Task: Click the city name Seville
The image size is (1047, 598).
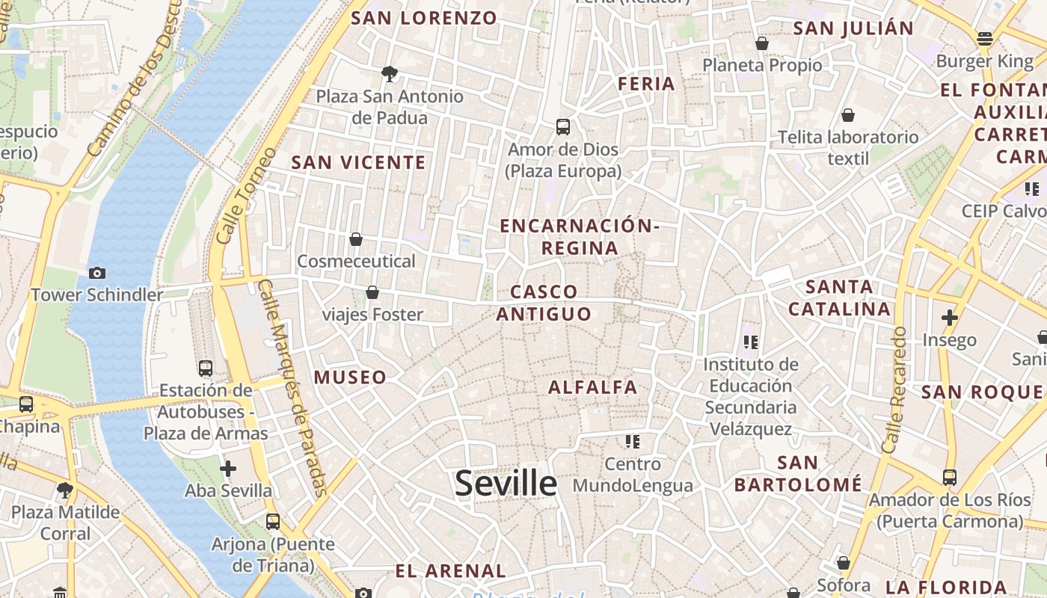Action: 506,484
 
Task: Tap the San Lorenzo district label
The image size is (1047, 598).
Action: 424,18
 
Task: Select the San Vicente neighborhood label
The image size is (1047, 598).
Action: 358,162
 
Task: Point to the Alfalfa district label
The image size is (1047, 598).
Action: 593,387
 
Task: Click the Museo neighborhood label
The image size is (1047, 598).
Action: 350,377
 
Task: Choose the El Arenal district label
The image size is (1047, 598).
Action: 450,571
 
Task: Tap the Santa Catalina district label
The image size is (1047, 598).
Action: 839,298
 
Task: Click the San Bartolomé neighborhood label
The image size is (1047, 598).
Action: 798,473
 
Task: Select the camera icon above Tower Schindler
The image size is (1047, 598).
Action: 96,273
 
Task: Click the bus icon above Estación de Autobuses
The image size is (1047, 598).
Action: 206,368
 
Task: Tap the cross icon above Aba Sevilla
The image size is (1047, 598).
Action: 228,469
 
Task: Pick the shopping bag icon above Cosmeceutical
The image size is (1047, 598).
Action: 356,239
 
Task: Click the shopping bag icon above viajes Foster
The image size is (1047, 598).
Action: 372,292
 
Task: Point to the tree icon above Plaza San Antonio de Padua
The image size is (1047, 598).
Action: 389,73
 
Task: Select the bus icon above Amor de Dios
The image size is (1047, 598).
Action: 563,127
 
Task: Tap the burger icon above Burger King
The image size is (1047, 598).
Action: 985,39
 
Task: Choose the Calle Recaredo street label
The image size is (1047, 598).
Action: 894,389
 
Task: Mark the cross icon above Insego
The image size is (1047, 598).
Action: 950,318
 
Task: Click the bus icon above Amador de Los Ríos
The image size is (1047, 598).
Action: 950,477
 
